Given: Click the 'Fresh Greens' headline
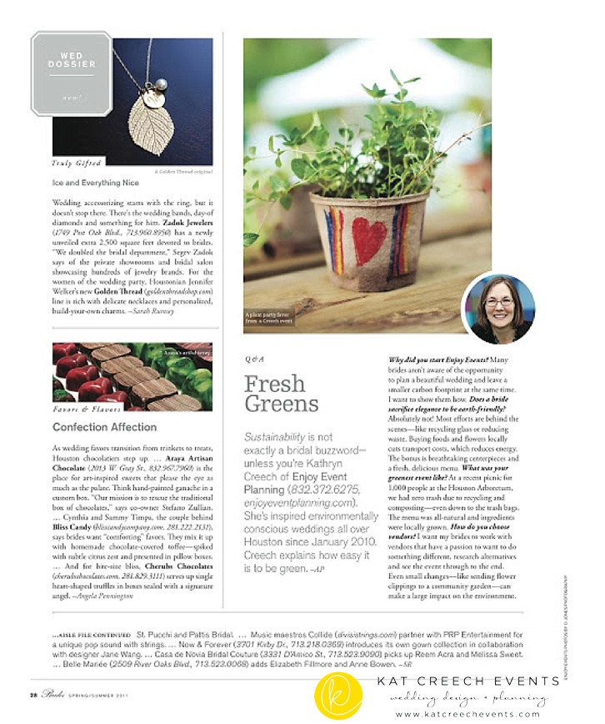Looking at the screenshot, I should [x=281, y=394].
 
